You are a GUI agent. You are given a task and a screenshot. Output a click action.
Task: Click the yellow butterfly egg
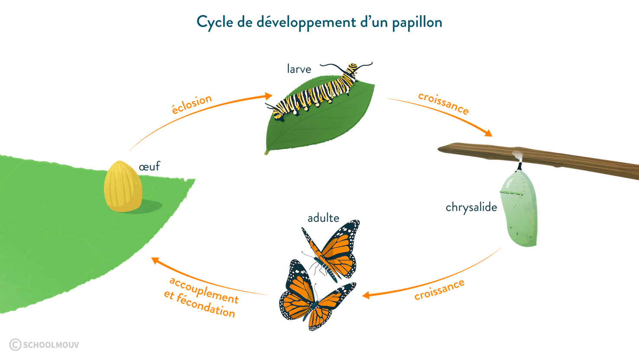[123, 186]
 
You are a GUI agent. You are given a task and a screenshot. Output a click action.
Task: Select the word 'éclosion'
[192, 104]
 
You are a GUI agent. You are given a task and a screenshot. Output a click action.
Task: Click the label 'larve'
[299, 69]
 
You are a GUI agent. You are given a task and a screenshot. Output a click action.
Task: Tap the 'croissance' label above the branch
[443, 103]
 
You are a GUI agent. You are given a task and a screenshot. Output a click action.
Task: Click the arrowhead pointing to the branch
[489, 133]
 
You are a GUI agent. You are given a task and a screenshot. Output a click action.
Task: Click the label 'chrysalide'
[471, 208]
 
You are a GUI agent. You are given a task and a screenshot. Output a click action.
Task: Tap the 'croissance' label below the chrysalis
[439, 289]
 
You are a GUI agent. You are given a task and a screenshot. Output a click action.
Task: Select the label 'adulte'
[323, 218]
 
